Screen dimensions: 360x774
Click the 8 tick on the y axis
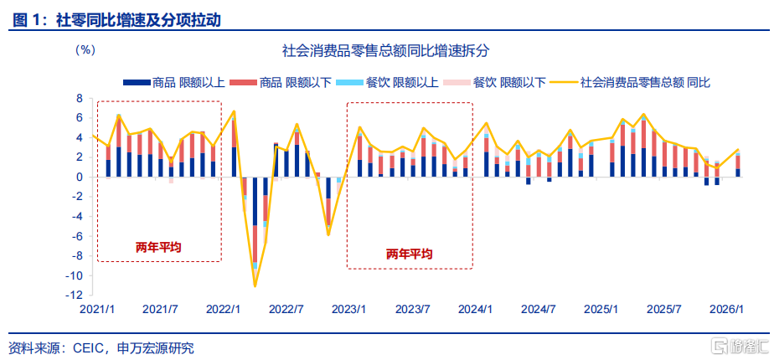80,98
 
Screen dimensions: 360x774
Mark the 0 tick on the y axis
80,177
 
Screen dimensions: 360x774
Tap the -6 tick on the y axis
77,236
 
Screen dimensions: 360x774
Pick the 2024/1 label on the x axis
477,309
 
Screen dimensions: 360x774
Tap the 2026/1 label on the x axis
729,309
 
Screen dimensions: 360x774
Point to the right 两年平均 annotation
410,253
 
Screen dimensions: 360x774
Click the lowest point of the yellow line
255,286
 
